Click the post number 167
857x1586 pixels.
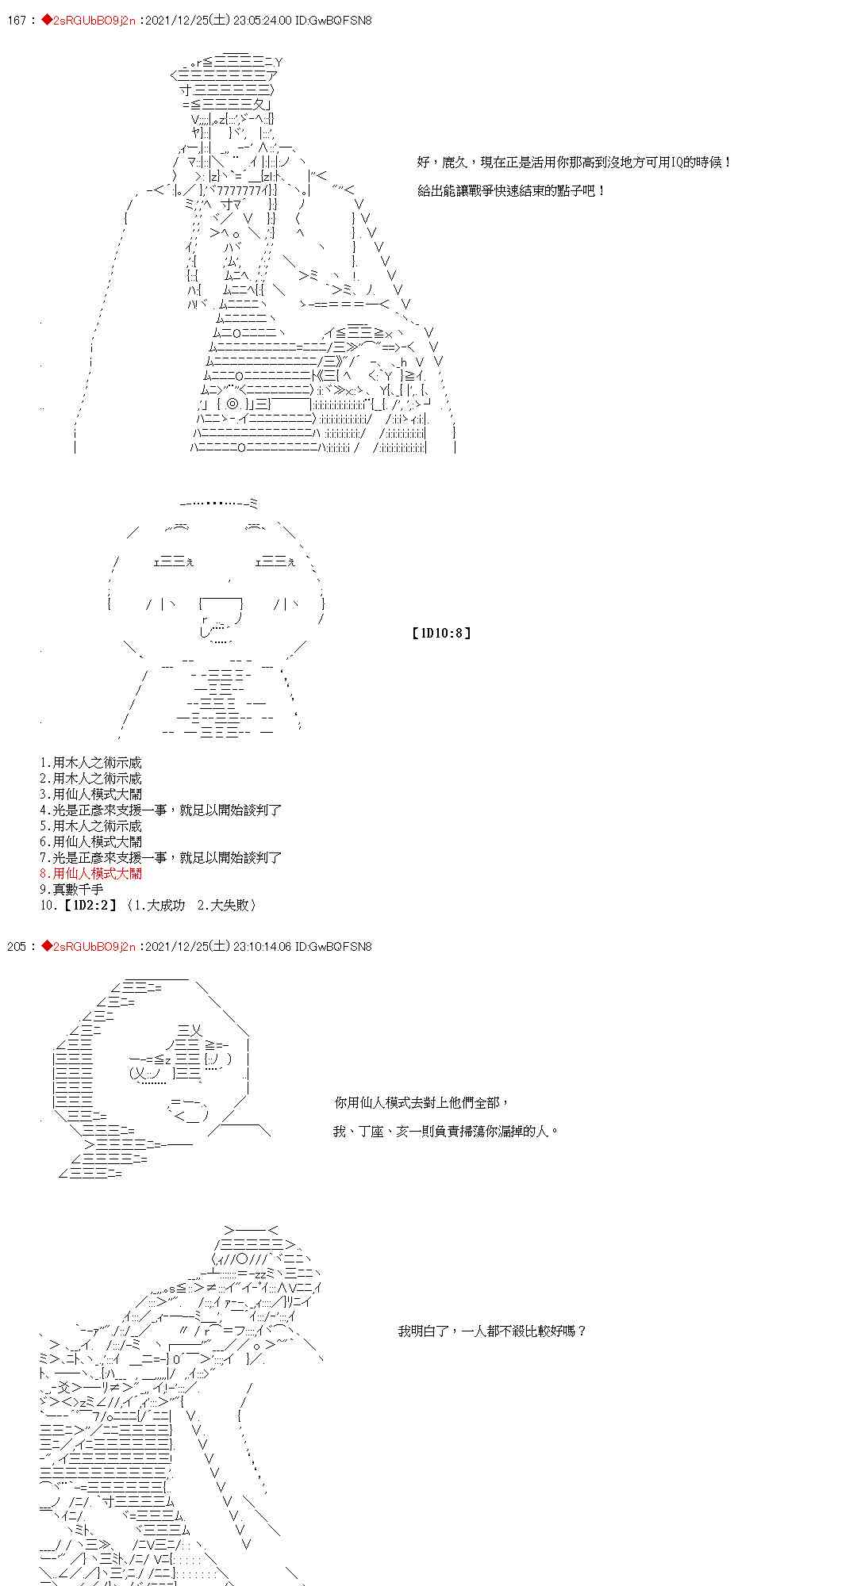tap(16, 21)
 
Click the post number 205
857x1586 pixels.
tap(16, 946)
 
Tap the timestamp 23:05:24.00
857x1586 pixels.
tap(252, 21)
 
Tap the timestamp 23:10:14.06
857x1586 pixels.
tap(252, 946)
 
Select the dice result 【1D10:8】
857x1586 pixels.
tap(441, 633)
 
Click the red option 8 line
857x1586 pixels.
tap(91, 873)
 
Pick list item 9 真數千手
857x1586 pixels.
tap(71, 889)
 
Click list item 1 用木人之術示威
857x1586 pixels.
tap(91, 762)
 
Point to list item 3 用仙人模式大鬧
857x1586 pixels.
tap(91, 794)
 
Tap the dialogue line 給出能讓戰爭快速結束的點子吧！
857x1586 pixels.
tap(511, 190)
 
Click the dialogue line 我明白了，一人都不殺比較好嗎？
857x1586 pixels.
tap(492, 1331)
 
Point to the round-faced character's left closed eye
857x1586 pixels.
tap(173, 561)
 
